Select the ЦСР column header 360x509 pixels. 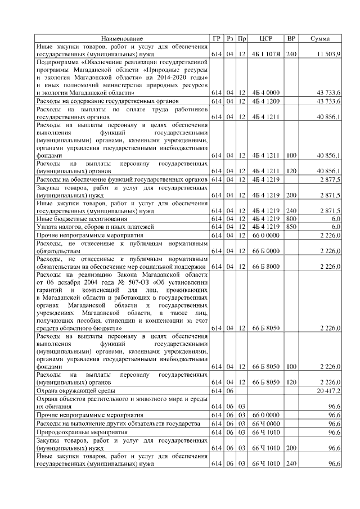pyautogui.click(x=266, y=38)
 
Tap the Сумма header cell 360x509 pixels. pyautogui.click(x=320, y=38)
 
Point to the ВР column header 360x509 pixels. pyautogui.click(x=291, y=38)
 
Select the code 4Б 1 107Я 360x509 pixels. pyautogui.click(x=266, y=53)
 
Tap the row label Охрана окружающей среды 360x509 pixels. pyautogui.click(x=76, y=390)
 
